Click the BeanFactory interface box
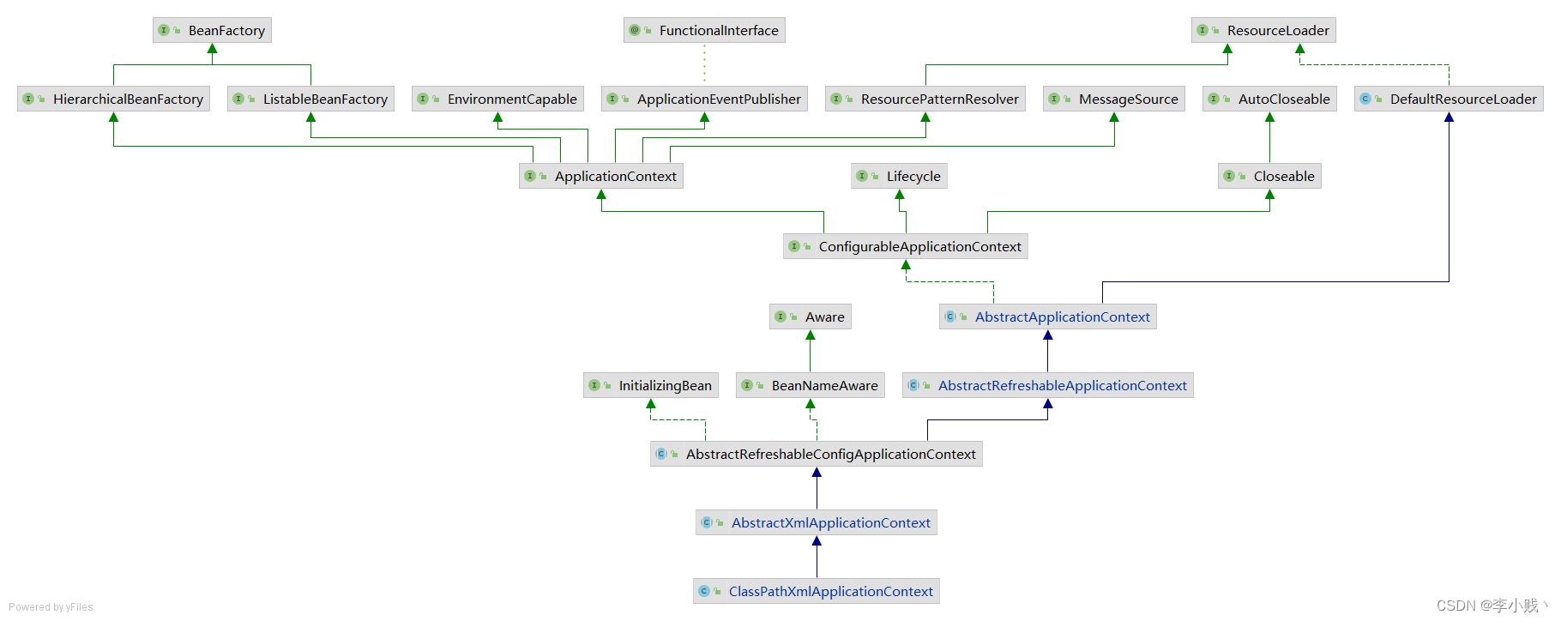(x=213, y=30)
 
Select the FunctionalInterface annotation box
(x=704, y=30)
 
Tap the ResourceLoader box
(x=1263, y=30)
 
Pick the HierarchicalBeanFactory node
(x=113, y=99)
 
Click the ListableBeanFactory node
(x=310, y=99)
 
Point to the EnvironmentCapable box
(x=497, y=99)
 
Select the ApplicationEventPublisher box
(x=704, y=99)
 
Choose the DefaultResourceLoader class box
(x=1449, y=99)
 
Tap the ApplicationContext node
(x=601, y=176)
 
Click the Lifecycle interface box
(x=899, y=176)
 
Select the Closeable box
(x=1269, y=176)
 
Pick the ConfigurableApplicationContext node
(x=906, y=246)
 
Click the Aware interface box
(x=811, y=317)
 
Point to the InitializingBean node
(x=651, y=385)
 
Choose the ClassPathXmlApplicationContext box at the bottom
(x=817, y=591)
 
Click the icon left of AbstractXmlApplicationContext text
(x=707, y=522)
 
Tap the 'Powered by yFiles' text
(x=51, y=607)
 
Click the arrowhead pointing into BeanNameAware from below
(x=811, y=404)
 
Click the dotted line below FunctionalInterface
(x=705, y=64)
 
